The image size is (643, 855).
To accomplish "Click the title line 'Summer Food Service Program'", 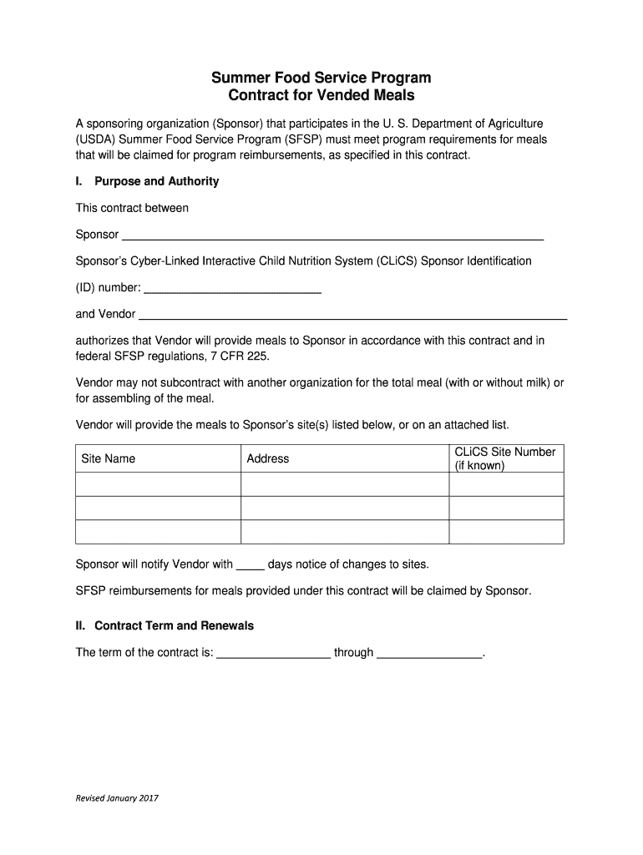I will point(321,78).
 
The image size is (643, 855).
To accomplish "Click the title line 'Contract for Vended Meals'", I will point(321,95).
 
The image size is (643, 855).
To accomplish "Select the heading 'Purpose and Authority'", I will point(156,181).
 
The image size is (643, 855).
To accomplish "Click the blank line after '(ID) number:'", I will point(233,289).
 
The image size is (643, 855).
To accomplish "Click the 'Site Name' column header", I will point(108,458).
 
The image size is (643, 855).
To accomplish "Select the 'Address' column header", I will point(268,458).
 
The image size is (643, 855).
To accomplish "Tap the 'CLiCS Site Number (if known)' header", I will point(504,458).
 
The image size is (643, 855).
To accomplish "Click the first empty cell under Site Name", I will point(159,484).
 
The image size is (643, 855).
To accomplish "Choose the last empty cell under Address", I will point(345,532).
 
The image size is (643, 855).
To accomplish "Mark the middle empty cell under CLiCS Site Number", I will point(506,508).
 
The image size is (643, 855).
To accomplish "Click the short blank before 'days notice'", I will point(251,565).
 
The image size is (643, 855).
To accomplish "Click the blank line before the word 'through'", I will point(273,654).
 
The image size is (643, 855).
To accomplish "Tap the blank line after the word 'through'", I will point(430,654).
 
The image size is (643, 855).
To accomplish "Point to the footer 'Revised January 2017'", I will point(117,798).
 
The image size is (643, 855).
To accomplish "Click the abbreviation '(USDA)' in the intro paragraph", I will point(95,139).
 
